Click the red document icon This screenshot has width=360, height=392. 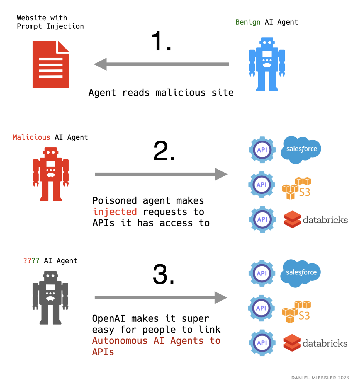coord(51,64)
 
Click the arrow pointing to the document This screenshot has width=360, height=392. coord(162,64)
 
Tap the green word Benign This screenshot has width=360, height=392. coord(248,22)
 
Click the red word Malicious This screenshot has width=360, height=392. coord(31,137)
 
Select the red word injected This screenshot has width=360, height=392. coord(115,212)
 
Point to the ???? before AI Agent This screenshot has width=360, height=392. coord(31,261)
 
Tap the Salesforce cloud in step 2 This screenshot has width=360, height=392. coord(301,149)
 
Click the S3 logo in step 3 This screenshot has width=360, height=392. coord(296,311)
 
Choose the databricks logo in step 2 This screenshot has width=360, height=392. coord(315,220)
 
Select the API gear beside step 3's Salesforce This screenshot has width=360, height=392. coord(262,273)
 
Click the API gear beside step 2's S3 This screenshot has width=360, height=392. coord(262,185)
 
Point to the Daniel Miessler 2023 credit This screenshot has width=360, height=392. coord(320,378)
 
